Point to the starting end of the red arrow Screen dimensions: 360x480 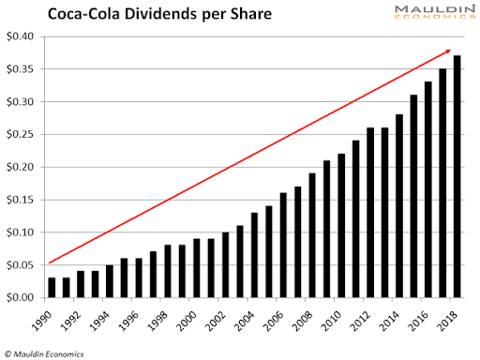point(51,263)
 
